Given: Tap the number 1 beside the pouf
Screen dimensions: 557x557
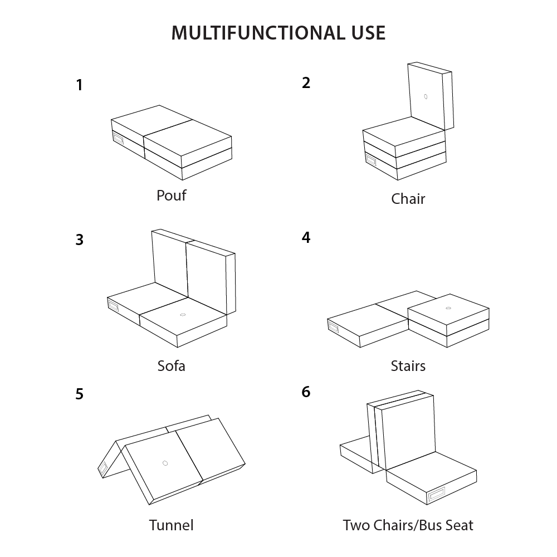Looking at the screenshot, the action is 80,85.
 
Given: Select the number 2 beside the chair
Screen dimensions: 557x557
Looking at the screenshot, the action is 306,83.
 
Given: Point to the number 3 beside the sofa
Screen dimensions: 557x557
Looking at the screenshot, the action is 80,240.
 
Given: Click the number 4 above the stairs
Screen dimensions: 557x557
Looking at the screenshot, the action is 306,237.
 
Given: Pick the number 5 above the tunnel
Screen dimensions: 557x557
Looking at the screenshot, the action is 80,394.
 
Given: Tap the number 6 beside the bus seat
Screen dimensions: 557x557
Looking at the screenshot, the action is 306,392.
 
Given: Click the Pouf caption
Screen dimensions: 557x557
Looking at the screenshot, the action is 171,196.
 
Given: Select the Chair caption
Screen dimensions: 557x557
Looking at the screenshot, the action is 408,199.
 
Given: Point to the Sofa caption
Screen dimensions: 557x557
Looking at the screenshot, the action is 171,366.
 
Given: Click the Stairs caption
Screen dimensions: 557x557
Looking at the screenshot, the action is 408,366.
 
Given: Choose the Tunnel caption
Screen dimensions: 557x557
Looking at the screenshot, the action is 171,525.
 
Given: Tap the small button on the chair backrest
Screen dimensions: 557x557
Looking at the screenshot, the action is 426,96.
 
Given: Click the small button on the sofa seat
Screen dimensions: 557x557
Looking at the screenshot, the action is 183,315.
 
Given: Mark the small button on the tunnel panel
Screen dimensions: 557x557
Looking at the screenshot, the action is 165,463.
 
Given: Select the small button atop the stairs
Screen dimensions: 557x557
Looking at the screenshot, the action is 448,308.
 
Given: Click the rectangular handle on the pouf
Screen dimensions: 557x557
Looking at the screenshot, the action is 118,139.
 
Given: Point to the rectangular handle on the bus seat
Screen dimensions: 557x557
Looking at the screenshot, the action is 436,494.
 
